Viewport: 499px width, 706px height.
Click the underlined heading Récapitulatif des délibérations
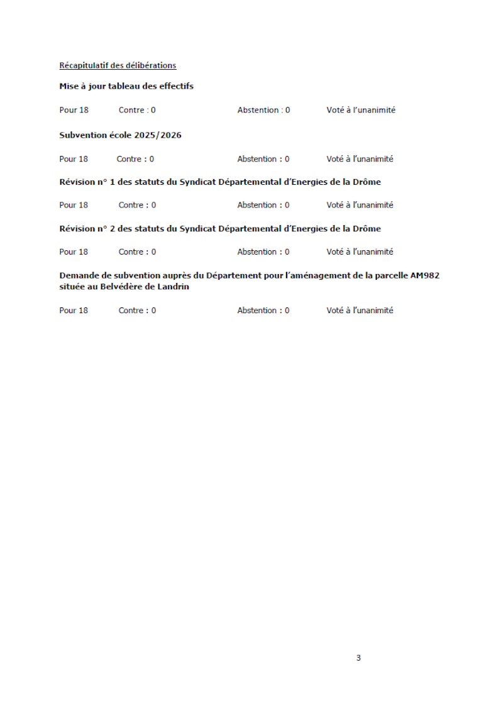118,65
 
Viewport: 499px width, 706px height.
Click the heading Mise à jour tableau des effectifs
126,86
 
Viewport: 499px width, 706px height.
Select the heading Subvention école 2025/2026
120,135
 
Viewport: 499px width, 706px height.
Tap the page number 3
358,658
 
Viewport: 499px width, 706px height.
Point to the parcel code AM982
424,275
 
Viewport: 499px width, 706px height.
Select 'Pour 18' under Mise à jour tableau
74,110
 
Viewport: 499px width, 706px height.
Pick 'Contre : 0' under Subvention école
135,159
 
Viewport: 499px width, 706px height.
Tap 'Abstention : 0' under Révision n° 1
263,205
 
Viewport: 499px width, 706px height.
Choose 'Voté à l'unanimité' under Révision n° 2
359,252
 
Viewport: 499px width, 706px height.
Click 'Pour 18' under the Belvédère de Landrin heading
74,311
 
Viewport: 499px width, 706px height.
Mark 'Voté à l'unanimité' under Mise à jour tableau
361,110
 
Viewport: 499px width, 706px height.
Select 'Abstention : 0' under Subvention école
263,159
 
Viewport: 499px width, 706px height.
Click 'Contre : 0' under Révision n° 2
137,252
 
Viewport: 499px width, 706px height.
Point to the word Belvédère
122,287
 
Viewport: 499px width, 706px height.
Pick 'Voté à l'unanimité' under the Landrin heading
359,311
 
